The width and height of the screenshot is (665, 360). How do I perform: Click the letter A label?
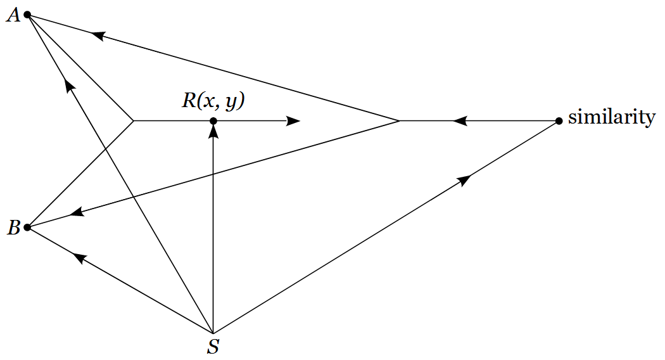tap(13, 15)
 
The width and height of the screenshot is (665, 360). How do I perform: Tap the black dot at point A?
tap(27, 15)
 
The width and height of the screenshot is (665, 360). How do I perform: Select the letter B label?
tap(13, 228)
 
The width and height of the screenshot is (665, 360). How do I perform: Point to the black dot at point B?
tap(27, 227)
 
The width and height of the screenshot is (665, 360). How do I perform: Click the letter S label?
tap(213, 347)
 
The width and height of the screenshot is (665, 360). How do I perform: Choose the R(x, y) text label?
tap(213, 101)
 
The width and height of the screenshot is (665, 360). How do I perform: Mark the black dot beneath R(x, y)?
tap(213, 120)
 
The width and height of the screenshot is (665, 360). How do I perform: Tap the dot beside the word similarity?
tap(559, 120)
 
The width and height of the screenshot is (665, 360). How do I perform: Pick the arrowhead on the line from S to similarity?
tap(464, 180)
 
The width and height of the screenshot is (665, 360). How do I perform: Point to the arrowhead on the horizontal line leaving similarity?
tap(460, 120)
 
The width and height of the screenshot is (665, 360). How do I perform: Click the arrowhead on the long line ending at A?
tap(98, 35)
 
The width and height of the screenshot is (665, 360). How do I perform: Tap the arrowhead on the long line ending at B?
tap(77, 214)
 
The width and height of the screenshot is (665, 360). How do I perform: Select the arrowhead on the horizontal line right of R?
tap(293, 120)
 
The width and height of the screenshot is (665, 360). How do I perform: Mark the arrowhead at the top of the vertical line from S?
tap(213, 131)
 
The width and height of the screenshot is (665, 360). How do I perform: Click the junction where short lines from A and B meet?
tap(133, 120)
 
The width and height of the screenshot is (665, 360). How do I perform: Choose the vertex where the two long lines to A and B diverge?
tap(399, 120)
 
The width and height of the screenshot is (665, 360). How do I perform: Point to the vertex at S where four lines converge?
tap(213, 332)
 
